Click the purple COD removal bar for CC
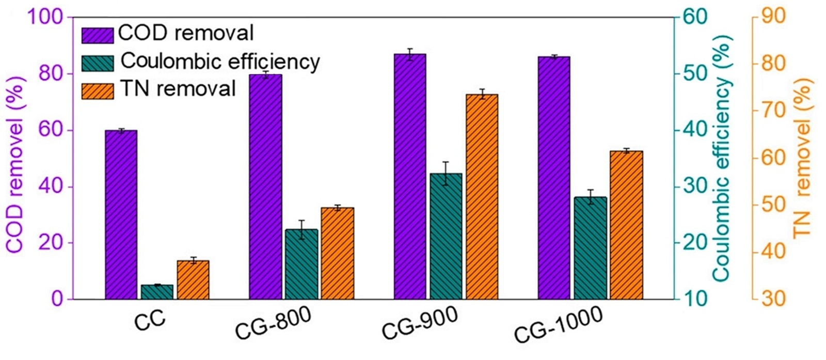click(x=121, y=214)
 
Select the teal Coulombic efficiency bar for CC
click(x=157, y=292)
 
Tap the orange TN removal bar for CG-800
click(x=338, y=253)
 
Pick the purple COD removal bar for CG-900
click(x=410, y=176)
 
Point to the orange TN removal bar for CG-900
click(x=482, y=197)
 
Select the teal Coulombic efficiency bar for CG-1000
click(x=590, y=248)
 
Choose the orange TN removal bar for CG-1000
click(x=626, y=225)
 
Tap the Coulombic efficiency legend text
click(x=220, y=61)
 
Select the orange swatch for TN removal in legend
click(x=98, y=91)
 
